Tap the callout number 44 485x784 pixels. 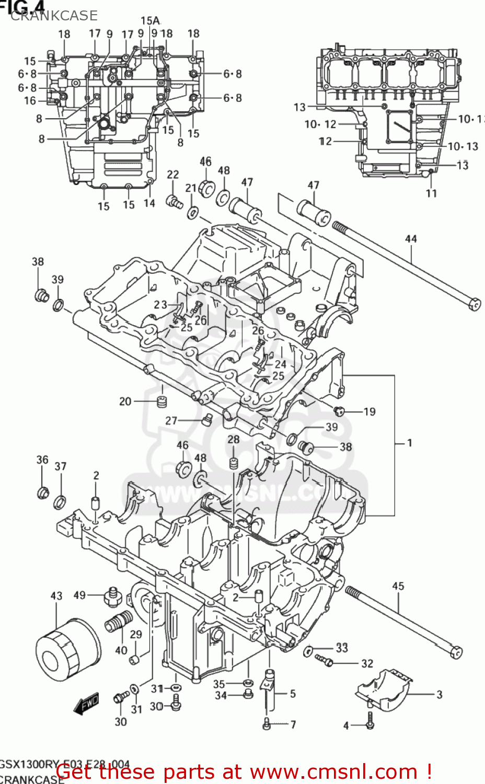click(411, 239)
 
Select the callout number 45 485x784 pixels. click(398, 586)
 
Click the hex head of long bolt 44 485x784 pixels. click(475, 304)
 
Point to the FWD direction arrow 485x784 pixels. click(87, 704)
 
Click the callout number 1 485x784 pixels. click(410, 443)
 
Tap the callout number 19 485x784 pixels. click(369, 411)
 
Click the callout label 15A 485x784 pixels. click(150, 20)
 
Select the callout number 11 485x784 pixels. click(431, 193)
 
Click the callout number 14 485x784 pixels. click(149, 203)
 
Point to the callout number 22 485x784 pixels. click(173, 175)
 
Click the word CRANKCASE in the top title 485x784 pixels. click(54, 16)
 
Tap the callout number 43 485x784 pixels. click(56, 596)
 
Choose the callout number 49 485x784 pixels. click(79, 595)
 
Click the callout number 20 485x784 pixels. click(125, 401)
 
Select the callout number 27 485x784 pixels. click(171, 421)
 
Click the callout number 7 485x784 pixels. click(293, 724)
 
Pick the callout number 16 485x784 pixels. click(30, 100)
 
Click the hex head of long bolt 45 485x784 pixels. click(455, 652)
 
